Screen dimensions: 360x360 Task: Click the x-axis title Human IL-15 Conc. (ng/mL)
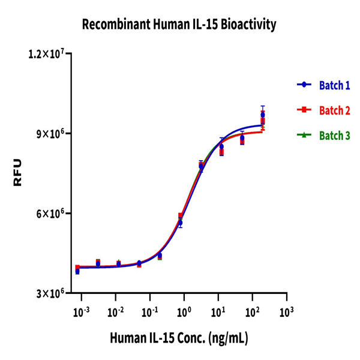pos(179,338)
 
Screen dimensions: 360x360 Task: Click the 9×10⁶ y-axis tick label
pos(50,133)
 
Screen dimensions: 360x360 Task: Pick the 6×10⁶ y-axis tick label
pos(50,214)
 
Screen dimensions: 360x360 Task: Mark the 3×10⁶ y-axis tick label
pos(50,293)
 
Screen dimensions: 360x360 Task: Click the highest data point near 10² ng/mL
pos(262,115)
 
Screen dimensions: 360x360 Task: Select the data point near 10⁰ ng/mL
pos(180,223)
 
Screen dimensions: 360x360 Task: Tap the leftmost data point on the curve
pos(77,271)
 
